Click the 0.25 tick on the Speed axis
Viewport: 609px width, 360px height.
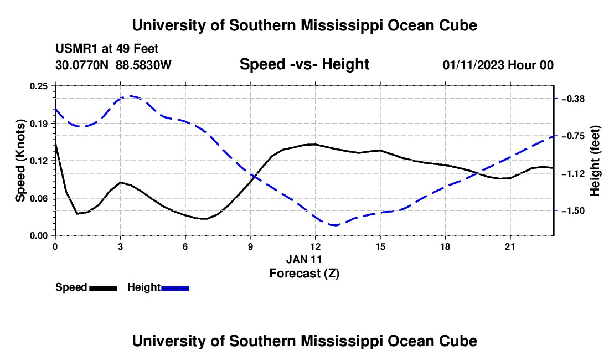click(38, 86)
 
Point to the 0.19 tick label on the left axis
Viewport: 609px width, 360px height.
click(38, 124)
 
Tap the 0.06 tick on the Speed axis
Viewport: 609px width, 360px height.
click(38, 198)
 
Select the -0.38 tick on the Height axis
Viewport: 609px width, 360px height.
click(573, 99)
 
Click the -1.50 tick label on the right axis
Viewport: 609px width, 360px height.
click(573, 211)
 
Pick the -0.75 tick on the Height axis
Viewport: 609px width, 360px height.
click(573, 136)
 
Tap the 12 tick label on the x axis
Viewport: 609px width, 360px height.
click(316, 246)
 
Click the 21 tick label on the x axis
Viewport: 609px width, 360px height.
click(510, 246)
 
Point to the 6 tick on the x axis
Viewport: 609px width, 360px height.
click(185, 246)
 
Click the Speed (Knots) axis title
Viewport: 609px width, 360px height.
click(20, 161)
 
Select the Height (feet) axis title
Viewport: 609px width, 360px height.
click(595, 161)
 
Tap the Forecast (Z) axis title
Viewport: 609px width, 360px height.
click(304, 274)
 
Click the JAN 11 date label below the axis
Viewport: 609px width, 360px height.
click(304, 259)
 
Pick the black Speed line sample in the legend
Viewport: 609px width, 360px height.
click(104, 289)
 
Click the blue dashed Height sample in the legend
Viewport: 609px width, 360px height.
click(175, 289)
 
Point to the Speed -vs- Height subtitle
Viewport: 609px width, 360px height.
click(304, 64)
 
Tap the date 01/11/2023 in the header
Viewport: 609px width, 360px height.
click(473, 65)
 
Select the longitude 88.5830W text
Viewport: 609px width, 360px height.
click(143, 65)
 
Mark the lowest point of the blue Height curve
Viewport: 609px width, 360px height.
click(334, 225)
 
